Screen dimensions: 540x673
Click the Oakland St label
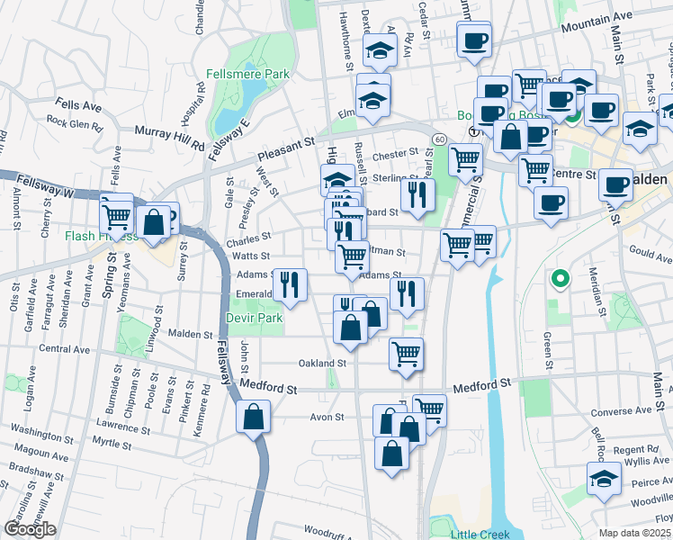pyautogui.click(x=323, y=364)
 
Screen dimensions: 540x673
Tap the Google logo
pyautogui.click(x=30, y=529)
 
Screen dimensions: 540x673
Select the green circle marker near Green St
pyautogui.click(x=560, y=280)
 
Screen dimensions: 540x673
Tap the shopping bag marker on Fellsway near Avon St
pyautogui.click(x=254, y=415)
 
